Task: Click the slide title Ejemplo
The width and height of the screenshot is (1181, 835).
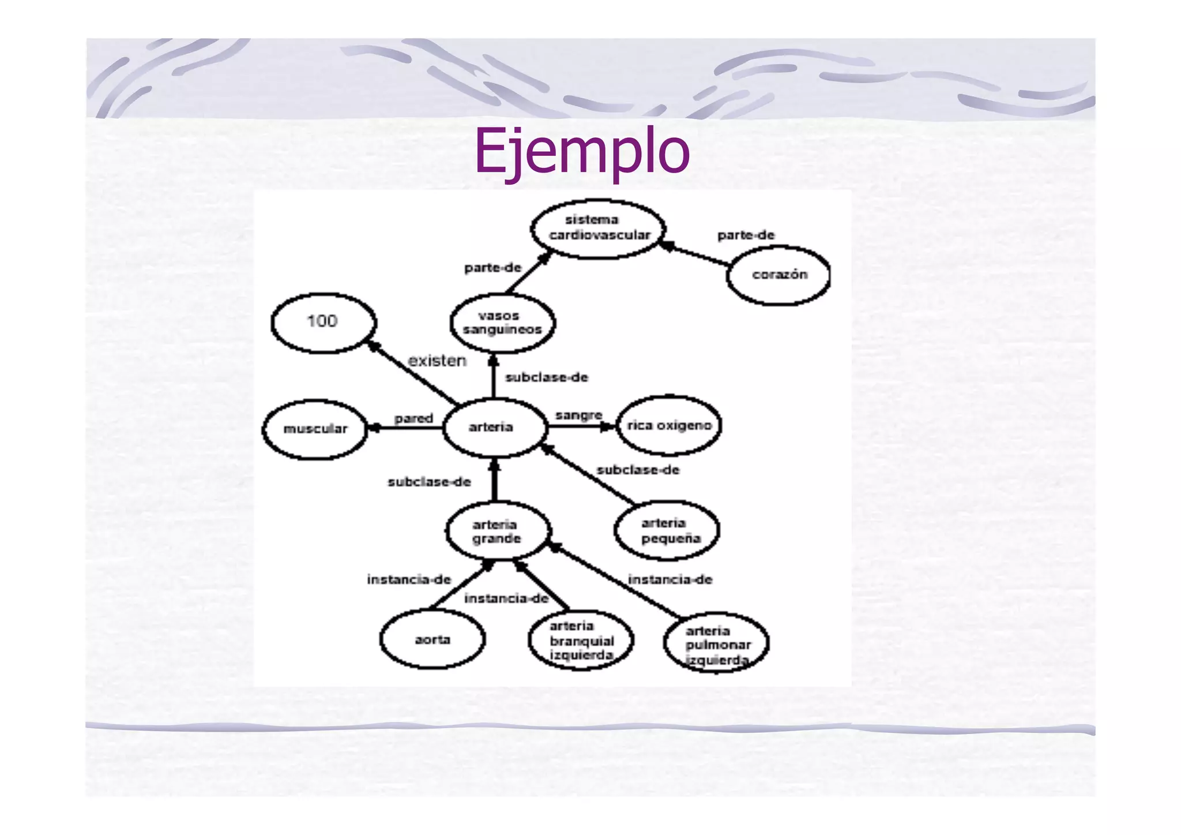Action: tap(581, 151)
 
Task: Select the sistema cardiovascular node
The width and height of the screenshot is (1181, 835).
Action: tap(599, 229)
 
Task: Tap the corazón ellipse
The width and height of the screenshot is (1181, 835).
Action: tap(778, 275)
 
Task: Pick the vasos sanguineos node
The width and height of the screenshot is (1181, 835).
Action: tap(502, 323)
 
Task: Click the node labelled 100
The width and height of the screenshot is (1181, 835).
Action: tap(323, 322)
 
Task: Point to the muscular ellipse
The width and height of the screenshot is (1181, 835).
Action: tap(315, 429)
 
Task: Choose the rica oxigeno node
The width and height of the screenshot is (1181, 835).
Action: tap(669, 426)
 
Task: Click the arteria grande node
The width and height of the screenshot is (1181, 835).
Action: tap(498, 531)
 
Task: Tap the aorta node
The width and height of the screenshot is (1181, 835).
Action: tap(432, 639)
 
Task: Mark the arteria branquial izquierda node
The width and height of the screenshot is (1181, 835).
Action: tap(581, 641)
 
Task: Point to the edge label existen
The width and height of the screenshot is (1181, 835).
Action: tap(437, 361)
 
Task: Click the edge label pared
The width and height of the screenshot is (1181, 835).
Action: tap(413, 418)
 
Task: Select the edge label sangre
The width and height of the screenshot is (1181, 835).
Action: tap(578, 415)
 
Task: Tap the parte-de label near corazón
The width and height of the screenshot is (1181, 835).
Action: tap(746, 235)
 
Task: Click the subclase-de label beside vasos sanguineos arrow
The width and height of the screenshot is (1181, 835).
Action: tap(547, 377)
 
